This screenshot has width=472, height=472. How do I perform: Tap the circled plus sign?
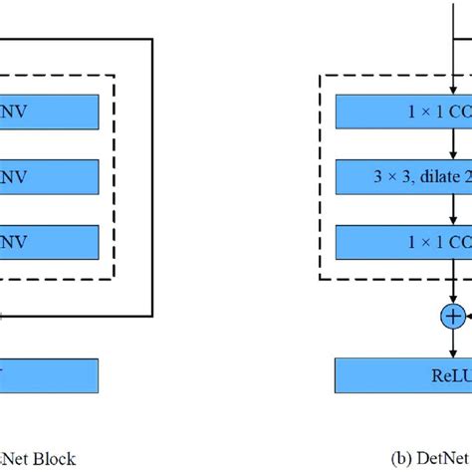(x=454, y=316)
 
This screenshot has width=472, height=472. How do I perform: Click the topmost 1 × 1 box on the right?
(x=403, y=112)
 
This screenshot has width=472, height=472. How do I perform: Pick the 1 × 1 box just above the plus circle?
(x=403, y=242)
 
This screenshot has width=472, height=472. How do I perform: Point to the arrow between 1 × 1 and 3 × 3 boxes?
(x=454, y=144)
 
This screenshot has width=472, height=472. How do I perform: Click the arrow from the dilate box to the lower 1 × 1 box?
(x=454, y=210)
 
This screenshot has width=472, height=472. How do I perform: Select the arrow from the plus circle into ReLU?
(x=454, y=343)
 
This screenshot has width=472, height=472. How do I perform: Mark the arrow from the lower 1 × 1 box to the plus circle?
(x=454, y=284)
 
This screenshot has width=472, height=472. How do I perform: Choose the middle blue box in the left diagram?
(x=50, y=177)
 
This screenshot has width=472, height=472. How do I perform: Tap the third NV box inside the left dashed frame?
(x=50, y=242)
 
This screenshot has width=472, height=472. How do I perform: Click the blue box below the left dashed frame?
(x=50, y=374)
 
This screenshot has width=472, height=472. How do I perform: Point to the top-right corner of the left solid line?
(x=151, y=39)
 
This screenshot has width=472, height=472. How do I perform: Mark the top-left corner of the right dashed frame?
(x=319, y=75)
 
